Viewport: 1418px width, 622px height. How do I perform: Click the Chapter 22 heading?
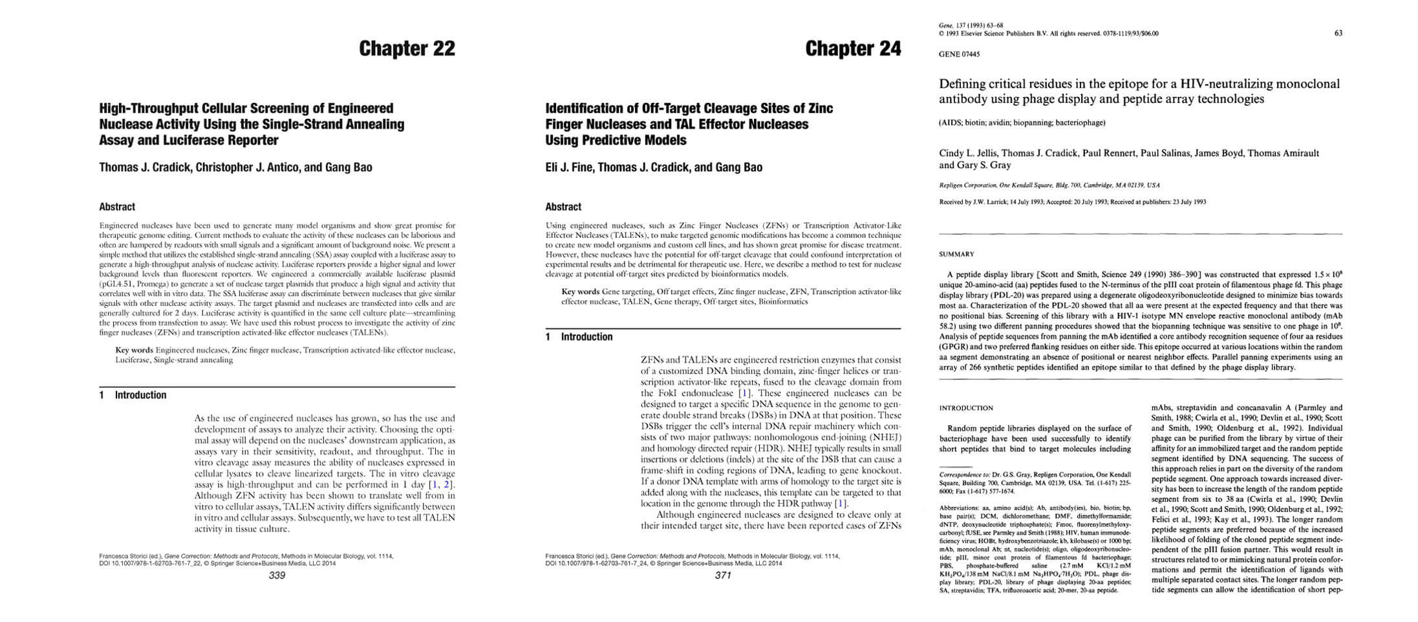pos(407,48)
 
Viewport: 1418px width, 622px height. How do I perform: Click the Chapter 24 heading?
pos(853,48)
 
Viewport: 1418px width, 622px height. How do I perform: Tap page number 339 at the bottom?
pos(277,575)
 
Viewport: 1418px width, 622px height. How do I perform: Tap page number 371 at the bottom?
pos(723,575)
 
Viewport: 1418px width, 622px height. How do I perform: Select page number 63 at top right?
pos(1338,33)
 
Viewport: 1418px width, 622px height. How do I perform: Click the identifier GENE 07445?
pos(959,54)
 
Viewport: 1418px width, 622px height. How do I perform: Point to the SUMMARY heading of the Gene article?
pos(956,254)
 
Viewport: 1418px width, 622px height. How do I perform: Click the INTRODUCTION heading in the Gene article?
pos(965,408)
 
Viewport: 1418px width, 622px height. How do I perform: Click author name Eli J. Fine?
pos(568,167)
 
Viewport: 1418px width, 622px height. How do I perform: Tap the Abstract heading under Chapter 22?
pos(117,207)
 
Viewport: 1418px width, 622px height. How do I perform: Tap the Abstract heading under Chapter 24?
pos(563,207)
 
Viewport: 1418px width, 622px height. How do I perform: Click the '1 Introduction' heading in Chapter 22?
pos(133,395)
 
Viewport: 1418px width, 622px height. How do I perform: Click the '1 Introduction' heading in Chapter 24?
pos(579,337)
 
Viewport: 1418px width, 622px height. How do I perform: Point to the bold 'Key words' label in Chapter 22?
pos(134,350)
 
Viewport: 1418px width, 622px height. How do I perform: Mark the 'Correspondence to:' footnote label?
pos(963,475)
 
